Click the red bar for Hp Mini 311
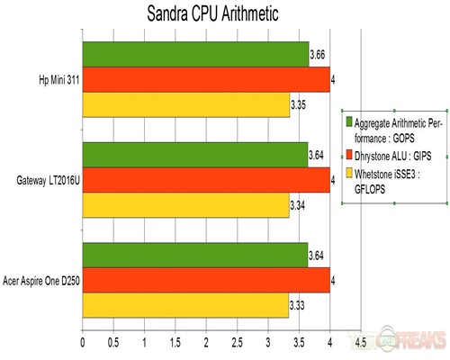tap(206, 79)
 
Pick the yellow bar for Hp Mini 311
tap(185, 104)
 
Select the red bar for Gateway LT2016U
tap(206, 180)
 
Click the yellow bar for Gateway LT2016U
tap(185, 205)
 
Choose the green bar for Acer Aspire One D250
tap(195, 255)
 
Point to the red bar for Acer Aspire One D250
tap(206, 280)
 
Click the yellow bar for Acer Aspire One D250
tap(185, 305)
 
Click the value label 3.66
tap(317, 56)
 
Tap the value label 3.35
tap(298, 105)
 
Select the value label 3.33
tap(298, 306)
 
